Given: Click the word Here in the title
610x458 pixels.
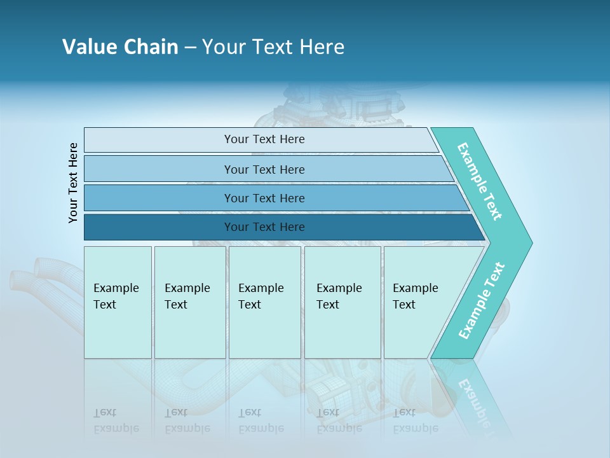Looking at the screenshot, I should coord(322,47).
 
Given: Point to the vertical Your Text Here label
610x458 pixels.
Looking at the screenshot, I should coord(73,183).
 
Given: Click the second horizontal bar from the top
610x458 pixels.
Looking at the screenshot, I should coord(264,169).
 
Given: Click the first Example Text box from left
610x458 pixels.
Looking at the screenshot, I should coord(118,302).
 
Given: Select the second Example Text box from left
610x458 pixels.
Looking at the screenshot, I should coord(189,302).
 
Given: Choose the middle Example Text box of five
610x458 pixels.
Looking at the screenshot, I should coord(264,302).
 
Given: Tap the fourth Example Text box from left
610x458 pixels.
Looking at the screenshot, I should coord(342,302).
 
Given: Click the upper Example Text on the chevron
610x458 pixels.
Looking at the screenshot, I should coord(480,181).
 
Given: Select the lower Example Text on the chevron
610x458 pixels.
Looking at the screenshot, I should coord(482,301).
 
